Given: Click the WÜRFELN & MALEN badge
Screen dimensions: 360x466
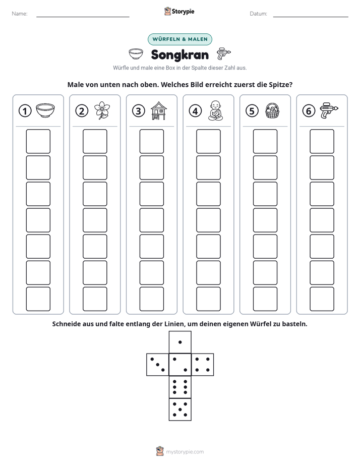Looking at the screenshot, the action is coord(180,39).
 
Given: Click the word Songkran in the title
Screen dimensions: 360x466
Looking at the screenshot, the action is coord(180,55).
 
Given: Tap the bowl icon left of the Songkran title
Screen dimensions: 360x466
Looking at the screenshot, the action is coord(136,54).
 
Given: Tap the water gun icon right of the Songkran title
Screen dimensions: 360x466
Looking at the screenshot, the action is coord(224,54).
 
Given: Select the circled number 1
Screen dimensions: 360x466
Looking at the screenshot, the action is coord(25,111).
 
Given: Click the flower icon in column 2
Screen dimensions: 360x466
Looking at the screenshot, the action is coord(102,110).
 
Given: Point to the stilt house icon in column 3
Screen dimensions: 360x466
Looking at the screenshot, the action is coord(159,110).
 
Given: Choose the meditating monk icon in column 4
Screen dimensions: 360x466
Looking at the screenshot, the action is coord(215,110).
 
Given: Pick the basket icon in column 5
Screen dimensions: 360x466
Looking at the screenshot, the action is coord(272,110).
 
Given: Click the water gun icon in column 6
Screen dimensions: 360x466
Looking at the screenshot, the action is coord(329,110).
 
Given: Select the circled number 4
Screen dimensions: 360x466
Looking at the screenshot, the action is coord(195,111).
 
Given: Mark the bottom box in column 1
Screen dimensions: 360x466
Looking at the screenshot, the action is coord(38,299).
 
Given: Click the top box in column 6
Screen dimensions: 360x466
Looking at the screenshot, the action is coord(322,141).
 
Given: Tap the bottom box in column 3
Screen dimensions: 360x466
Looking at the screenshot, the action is coord(152,299).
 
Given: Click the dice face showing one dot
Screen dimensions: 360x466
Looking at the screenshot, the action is coord(180,342).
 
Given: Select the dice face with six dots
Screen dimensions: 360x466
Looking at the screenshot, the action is coord(180,387).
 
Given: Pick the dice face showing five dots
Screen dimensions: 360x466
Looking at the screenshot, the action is coord(180,410).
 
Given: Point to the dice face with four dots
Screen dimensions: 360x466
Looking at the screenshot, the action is coord(203,365).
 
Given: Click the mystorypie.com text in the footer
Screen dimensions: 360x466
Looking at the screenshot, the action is coord(185,452).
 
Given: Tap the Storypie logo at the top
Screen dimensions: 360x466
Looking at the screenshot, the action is coord(179,11).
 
